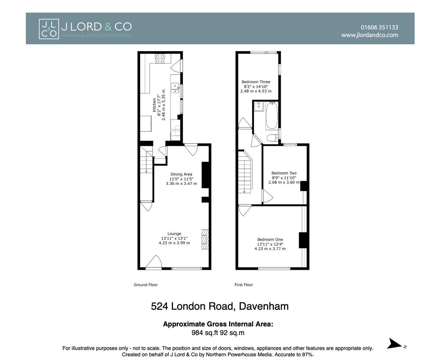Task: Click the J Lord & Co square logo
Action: (x=49, y=29)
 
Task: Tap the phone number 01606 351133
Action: (x=379, y=27)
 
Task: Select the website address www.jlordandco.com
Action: (x=369, y=35)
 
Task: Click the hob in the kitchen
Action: (x=160, y=58)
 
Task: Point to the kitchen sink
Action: (x=175, y=88)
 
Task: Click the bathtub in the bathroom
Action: (x=272, y=116)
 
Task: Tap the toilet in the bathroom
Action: (x=272, y=137)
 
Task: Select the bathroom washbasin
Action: (x=258, y=107)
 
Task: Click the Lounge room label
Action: (x=174, y=234)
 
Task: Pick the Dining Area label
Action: (x=181, y=174)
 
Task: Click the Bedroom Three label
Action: (x=256, y=82)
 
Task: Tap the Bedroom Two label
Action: (x=284, y=173)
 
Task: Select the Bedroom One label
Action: (x=270, y=240)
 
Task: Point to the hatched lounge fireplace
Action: (x=205, y=239)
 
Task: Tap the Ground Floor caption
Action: (x=146, y=285)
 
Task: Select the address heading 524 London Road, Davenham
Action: (x=220, y=306)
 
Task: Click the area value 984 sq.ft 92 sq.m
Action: (x=218, y=333)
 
